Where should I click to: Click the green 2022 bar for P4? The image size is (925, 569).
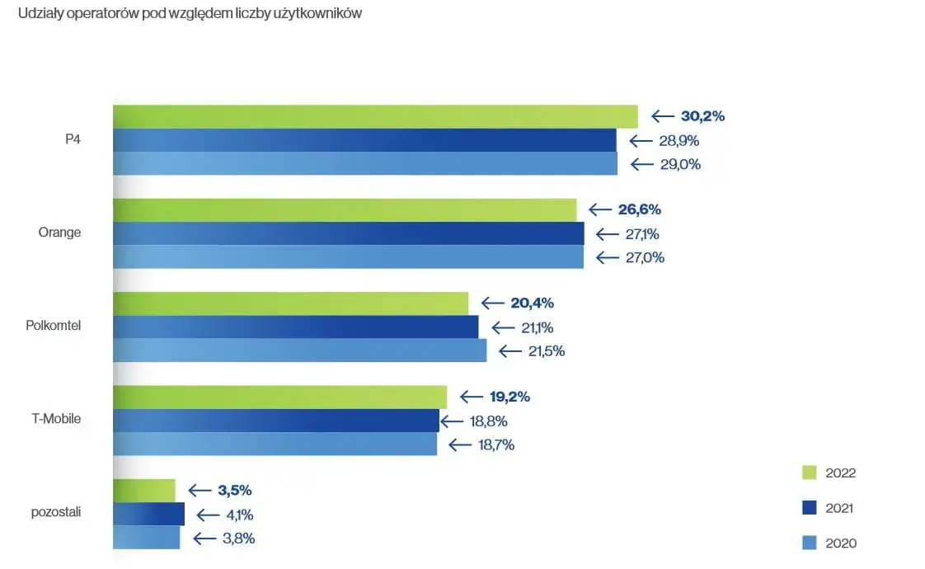[375, 116]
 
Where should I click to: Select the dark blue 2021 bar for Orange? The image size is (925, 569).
[348, 233]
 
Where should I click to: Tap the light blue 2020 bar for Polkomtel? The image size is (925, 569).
[299, 350]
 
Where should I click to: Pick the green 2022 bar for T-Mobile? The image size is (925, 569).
[279, 397]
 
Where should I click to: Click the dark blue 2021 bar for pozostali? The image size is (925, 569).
[148, 515]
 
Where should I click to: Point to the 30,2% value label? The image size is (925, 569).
[702, 116]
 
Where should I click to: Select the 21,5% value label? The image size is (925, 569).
[546, 350]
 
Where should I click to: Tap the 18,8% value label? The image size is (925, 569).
[488, 421]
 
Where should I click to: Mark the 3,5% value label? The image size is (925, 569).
[234, 491]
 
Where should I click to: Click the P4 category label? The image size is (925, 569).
[73, 139]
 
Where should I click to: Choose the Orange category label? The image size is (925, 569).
[59, 233]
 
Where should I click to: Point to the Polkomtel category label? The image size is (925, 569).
[54, 326]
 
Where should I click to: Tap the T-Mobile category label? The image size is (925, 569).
[56, 419]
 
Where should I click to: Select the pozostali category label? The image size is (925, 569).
[55, 512]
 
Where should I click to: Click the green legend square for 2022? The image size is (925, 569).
[809, 473]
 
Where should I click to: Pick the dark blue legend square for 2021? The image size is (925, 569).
[809, 507]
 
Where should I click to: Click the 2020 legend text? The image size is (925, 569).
[841, 543]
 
